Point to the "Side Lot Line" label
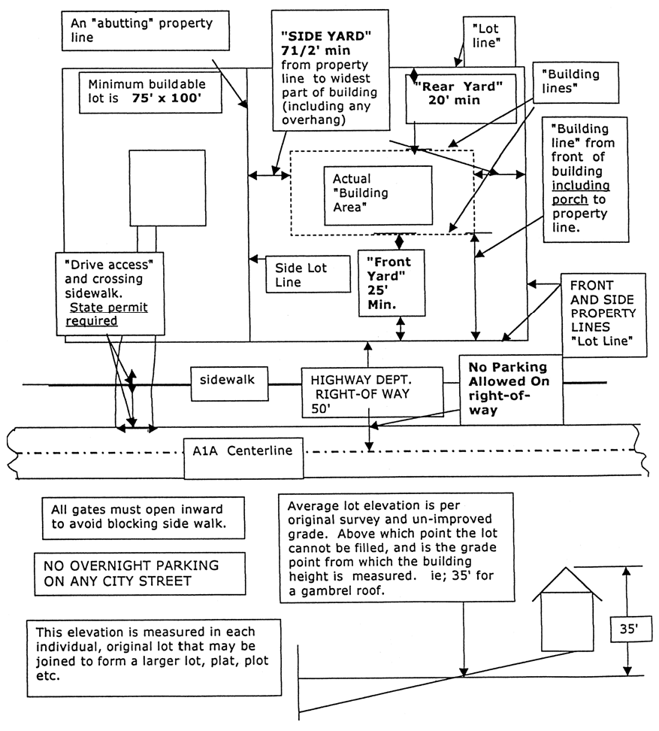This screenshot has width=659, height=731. point(307,275)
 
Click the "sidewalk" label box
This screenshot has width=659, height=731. point(228,381)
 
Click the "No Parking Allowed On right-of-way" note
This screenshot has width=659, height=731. point(511,390)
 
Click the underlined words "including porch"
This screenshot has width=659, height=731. point(579,193)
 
